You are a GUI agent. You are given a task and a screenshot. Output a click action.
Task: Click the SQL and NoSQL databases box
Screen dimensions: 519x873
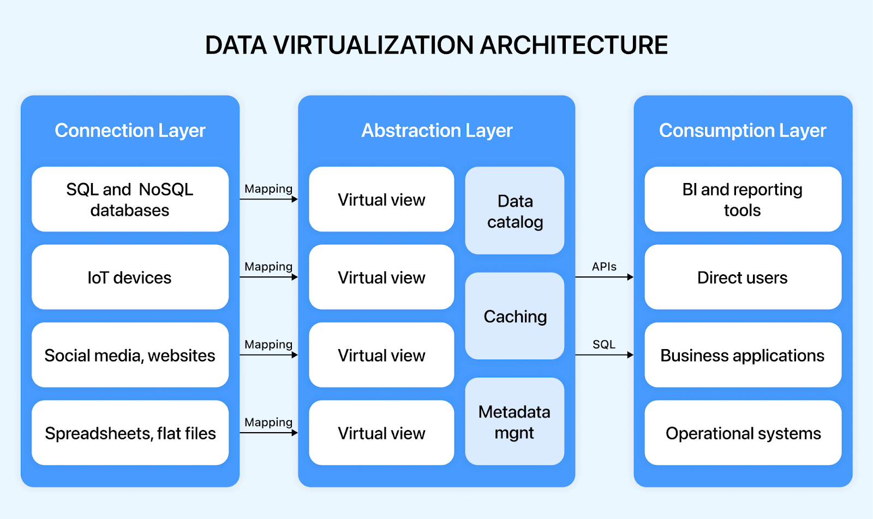[x=130, y=199]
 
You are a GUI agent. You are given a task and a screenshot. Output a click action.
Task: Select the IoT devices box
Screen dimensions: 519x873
[x=130, y=278]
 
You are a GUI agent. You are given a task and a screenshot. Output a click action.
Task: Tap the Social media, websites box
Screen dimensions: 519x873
[x=130, y=355]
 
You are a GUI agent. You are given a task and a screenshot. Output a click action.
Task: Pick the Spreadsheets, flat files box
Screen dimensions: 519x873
[x=130, y=433]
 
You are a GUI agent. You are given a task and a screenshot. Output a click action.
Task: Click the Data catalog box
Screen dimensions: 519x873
[x=515, y=211]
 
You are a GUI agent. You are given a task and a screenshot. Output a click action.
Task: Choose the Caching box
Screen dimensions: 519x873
[x=515, y=316]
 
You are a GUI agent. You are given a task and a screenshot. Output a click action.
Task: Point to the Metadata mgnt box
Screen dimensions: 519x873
[x=515, y=422]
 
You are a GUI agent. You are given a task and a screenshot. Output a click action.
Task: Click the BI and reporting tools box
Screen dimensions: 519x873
[x=743, y=199]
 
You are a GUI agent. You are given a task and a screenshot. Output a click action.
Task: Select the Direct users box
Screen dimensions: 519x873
[x=743, y=278]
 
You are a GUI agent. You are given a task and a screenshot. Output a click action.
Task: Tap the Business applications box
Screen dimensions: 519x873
[x=743, y=355]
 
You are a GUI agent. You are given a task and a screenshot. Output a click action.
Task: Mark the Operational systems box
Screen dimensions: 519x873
[x=743, y=433]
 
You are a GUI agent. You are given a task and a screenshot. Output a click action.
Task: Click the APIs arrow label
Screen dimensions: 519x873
[x=604, y=267]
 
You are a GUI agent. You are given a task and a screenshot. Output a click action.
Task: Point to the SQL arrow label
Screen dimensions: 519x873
[x=604, y=345]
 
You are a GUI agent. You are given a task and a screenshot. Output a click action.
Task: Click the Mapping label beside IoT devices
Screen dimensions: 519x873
[x=268, y=267]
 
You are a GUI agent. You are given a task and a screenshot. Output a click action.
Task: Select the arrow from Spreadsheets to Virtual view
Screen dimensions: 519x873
[x=268, y=433]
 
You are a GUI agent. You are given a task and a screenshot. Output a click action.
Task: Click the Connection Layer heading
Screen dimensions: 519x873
[x=130, y=131]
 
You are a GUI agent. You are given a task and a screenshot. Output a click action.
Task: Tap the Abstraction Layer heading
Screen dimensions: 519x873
[x=436, y=131]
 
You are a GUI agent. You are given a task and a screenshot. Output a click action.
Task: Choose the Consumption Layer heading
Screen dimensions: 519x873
[x=743, y=131]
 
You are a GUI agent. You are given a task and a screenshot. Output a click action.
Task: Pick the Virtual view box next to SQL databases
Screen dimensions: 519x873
[x=381, y=199]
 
